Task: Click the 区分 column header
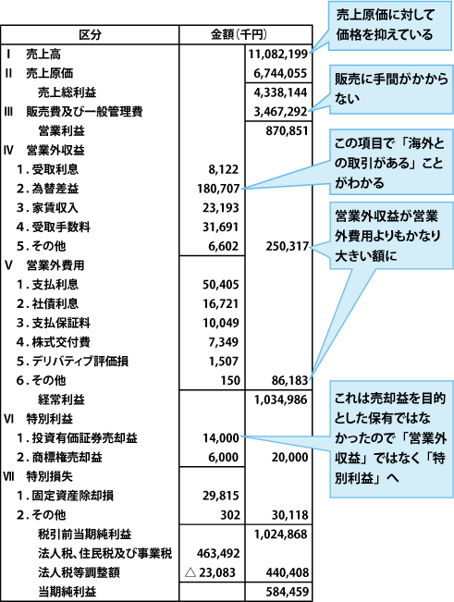coord(90,35)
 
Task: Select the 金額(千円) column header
coord(239,35)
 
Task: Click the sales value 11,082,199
coord(277,55)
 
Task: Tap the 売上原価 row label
coord(50,73)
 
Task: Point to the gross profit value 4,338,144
coord(280,92)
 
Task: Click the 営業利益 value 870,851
coord(287,131)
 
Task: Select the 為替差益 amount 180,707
coord(218,189)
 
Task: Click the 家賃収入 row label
coord(55,208)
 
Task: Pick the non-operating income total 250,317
coord(287,246)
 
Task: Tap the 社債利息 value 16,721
coord(221,303)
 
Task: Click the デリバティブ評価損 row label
coord(80,362)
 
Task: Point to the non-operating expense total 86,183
coord(289,380)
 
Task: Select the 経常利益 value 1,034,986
coord(280,399)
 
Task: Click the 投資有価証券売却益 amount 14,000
coord(221,438)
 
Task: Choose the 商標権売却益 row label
coord(67,457)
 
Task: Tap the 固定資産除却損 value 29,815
coord(221,496)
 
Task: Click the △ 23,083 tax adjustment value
coord(210,572)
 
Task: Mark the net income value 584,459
coord(287,592)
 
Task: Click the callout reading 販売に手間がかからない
coord(391,89)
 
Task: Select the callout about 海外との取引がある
coord(391,162)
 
